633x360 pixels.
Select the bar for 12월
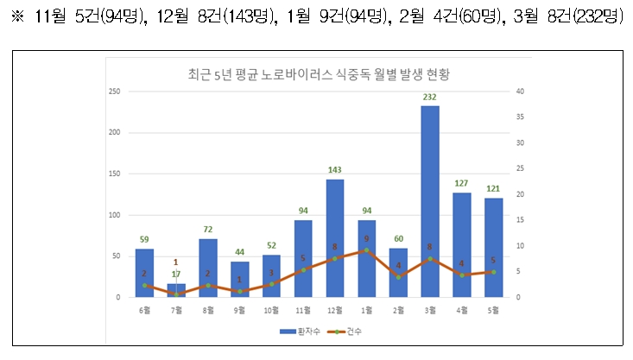click(x=335, y=238)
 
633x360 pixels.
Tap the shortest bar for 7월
click(x=176, y=290)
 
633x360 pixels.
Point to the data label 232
click(x=430, y=97)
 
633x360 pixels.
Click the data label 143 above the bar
click(x=335, y=170)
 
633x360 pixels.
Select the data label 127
click(x=462, y=183)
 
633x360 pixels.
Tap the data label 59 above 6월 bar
click(x=144, y=239)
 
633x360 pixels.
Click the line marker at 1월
click(x=367, y=250)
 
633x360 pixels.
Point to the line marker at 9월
click(x=240, y=292)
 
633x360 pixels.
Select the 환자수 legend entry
click(x=293, y=331)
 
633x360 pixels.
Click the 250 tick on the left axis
click(x=113, y=91)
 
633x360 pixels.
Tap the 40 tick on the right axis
click(x=518, y=91)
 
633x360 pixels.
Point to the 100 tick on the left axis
click(x=113, y=215)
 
